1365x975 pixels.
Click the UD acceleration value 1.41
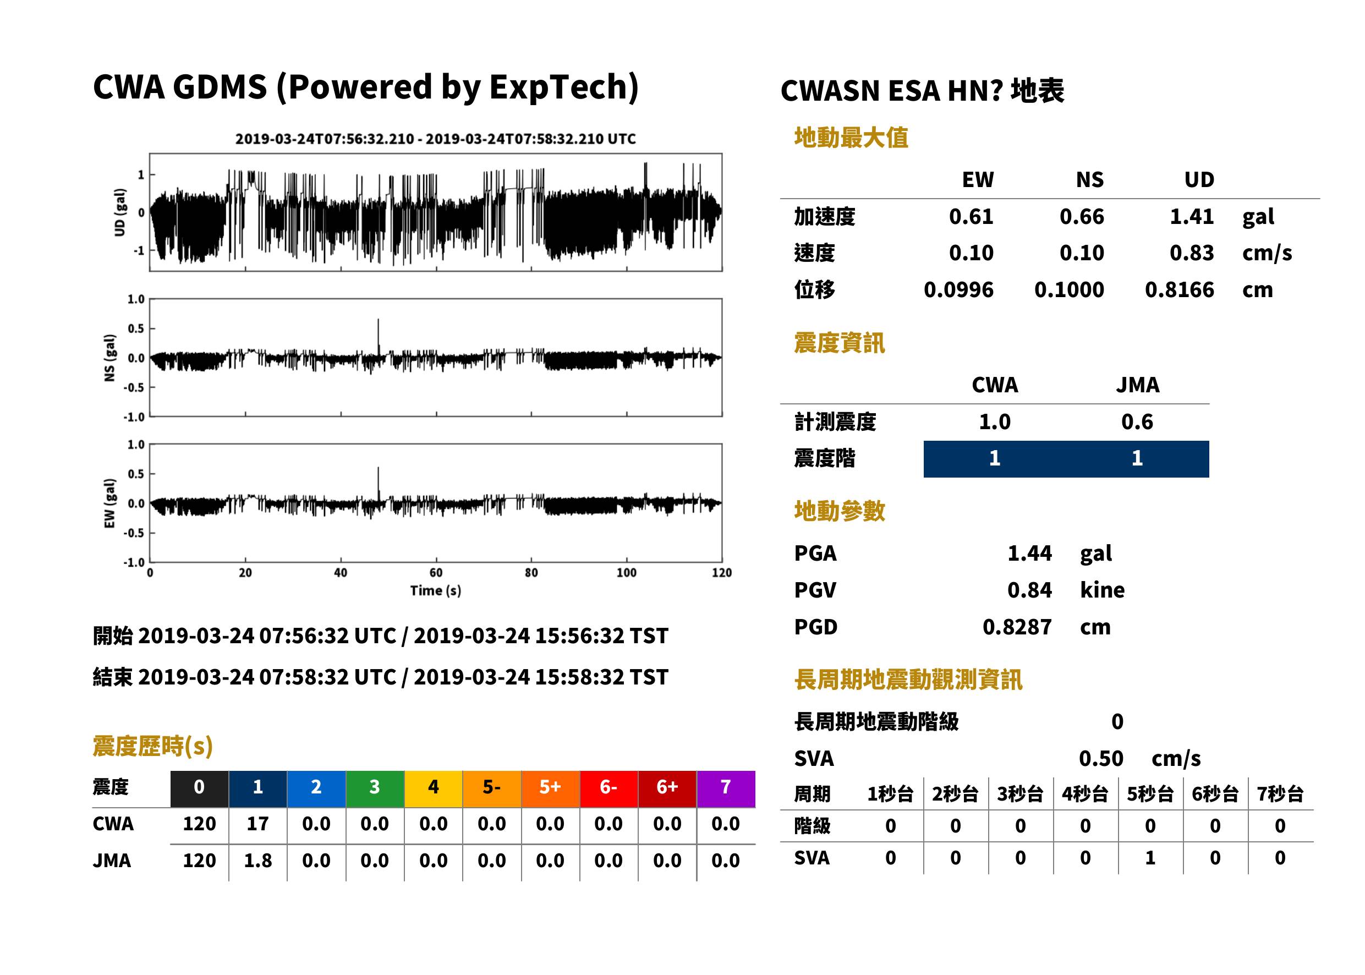pos(1192,216)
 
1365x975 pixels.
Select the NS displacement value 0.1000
pos(1069,290)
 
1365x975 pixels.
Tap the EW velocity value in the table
pos(971,253)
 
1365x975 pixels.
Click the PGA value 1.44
pos(1029,553)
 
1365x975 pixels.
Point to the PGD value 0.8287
pos(1017,627)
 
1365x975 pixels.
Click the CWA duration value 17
pos(257,824)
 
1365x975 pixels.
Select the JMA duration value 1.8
pos(257,861)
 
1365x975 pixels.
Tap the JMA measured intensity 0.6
pos(1137,421)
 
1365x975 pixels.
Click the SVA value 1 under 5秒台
pos(1150,858)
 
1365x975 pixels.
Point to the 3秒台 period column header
pos(1020,793)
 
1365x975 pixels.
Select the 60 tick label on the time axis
pos(436,573)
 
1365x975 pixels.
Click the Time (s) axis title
pos(436,591)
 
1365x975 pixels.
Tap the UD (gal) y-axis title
pos(120,212)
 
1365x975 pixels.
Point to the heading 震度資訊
pos(839,343)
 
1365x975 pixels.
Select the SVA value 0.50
pos(1101,758)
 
